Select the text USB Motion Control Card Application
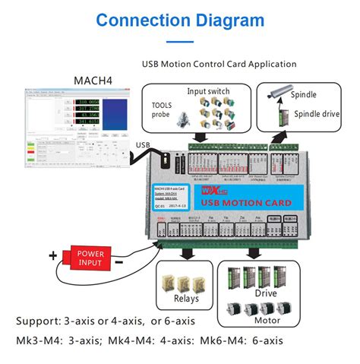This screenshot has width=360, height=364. point(219,64)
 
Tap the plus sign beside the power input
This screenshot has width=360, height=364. point(53,255)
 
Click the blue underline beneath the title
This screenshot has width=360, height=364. point(179,42)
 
